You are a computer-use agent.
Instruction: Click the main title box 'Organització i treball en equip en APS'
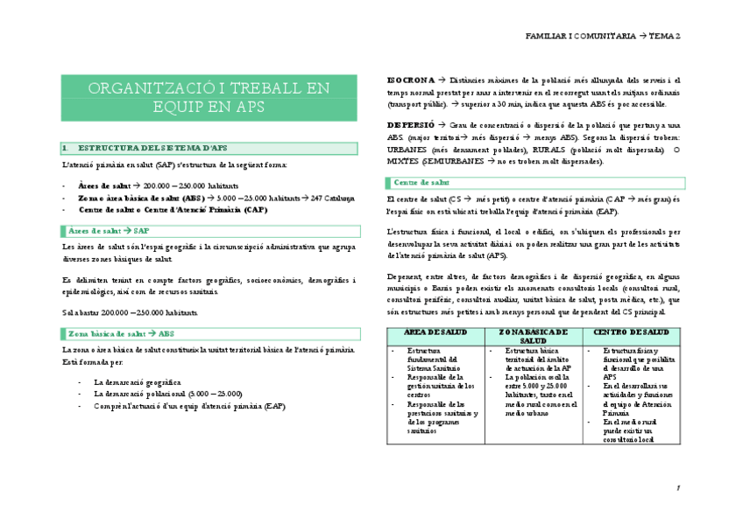pyautogui.click(x=209, y=97)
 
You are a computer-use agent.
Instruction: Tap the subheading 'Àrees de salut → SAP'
pyautogui.click(x=110, y=229)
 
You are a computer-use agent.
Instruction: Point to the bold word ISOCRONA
pyautogui.click(x=407, y=80)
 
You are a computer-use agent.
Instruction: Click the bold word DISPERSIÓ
pyautogui.click(x=407, y=126)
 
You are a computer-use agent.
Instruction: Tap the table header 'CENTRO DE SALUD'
pyautogui.click(x=631, y=332)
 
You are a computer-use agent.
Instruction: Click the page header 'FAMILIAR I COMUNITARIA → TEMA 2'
pyautogui.click(x=603, y=36)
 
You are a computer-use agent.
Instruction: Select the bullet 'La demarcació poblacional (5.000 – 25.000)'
pyautogui.click(x=168, y=394)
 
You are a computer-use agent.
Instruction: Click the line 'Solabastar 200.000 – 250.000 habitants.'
pyautogui.click(x=130, y=312)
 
